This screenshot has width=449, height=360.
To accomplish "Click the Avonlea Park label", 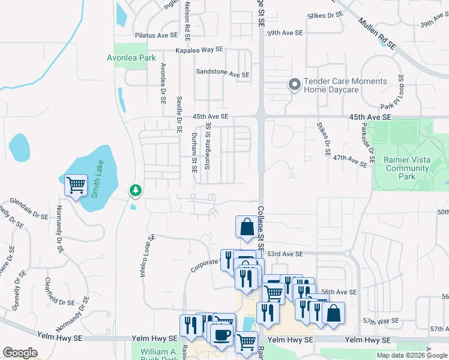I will [131, 58].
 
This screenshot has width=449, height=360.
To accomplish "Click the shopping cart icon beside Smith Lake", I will [76, 185].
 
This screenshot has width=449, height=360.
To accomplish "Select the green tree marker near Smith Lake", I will [136, 191].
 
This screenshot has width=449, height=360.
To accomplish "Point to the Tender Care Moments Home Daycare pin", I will [294, 85].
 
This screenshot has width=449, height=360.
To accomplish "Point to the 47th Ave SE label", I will [350, 160].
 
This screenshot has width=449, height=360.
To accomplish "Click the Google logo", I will [20, 353].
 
